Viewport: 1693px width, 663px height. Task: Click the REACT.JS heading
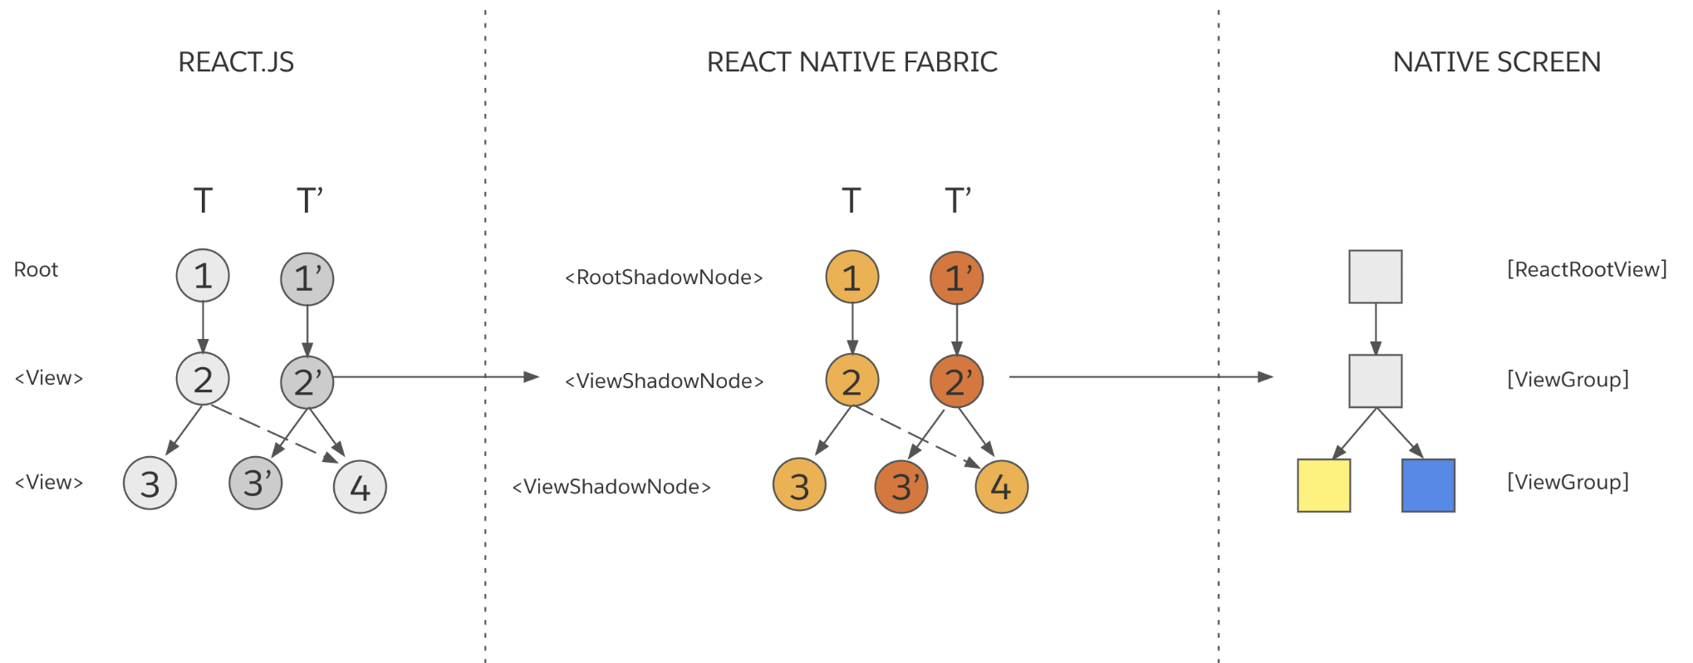tap(236, 62)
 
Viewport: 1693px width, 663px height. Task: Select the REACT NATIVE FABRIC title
tap(851, 62)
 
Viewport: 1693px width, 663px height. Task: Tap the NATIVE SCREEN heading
tap(1496, 62)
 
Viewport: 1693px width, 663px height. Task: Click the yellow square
tap(1323, 485)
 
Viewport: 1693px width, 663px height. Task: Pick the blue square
tap(1428, 485)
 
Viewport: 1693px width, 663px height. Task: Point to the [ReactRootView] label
tap(1587, 269)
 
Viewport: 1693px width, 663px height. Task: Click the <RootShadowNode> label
tap(664, 277)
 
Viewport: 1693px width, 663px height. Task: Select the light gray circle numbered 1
tap(203, 276)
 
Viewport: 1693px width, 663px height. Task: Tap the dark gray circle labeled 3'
tap(256, 483)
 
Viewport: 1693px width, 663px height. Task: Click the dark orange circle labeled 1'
tap(956, 277)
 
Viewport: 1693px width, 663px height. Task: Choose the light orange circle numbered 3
tap(799, 485)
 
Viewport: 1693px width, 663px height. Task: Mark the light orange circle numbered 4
tap(1001, 487)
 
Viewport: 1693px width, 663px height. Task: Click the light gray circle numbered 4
tap(360, 487)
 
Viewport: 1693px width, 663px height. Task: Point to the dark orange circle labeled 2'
tap(956, 381)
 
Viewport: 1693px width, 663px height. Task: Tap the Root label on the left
tap(36, 270)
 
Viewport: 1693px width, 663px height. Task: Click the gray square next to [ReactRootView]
tap(1375, 277)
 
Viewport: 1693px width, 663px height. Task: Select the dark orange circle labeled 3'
tap(901, 487)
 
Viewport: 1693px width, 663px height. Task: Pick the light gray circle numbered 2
tap(203, 379)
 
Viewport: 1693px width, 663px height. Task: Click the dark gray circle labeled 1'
tap(307, 278)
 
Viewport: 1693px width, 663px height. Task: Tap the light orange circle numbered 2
tap(851, 381)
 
